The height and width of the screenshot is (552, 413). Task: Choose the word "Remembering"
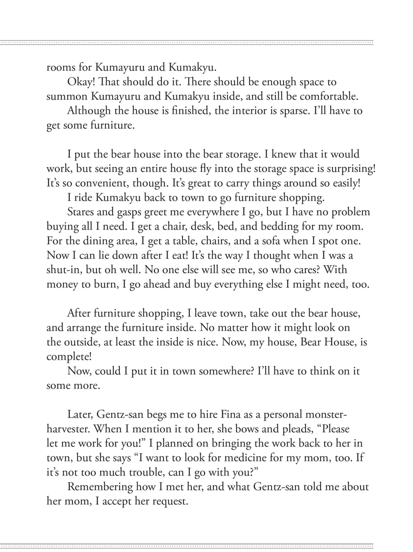(100, 487)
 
